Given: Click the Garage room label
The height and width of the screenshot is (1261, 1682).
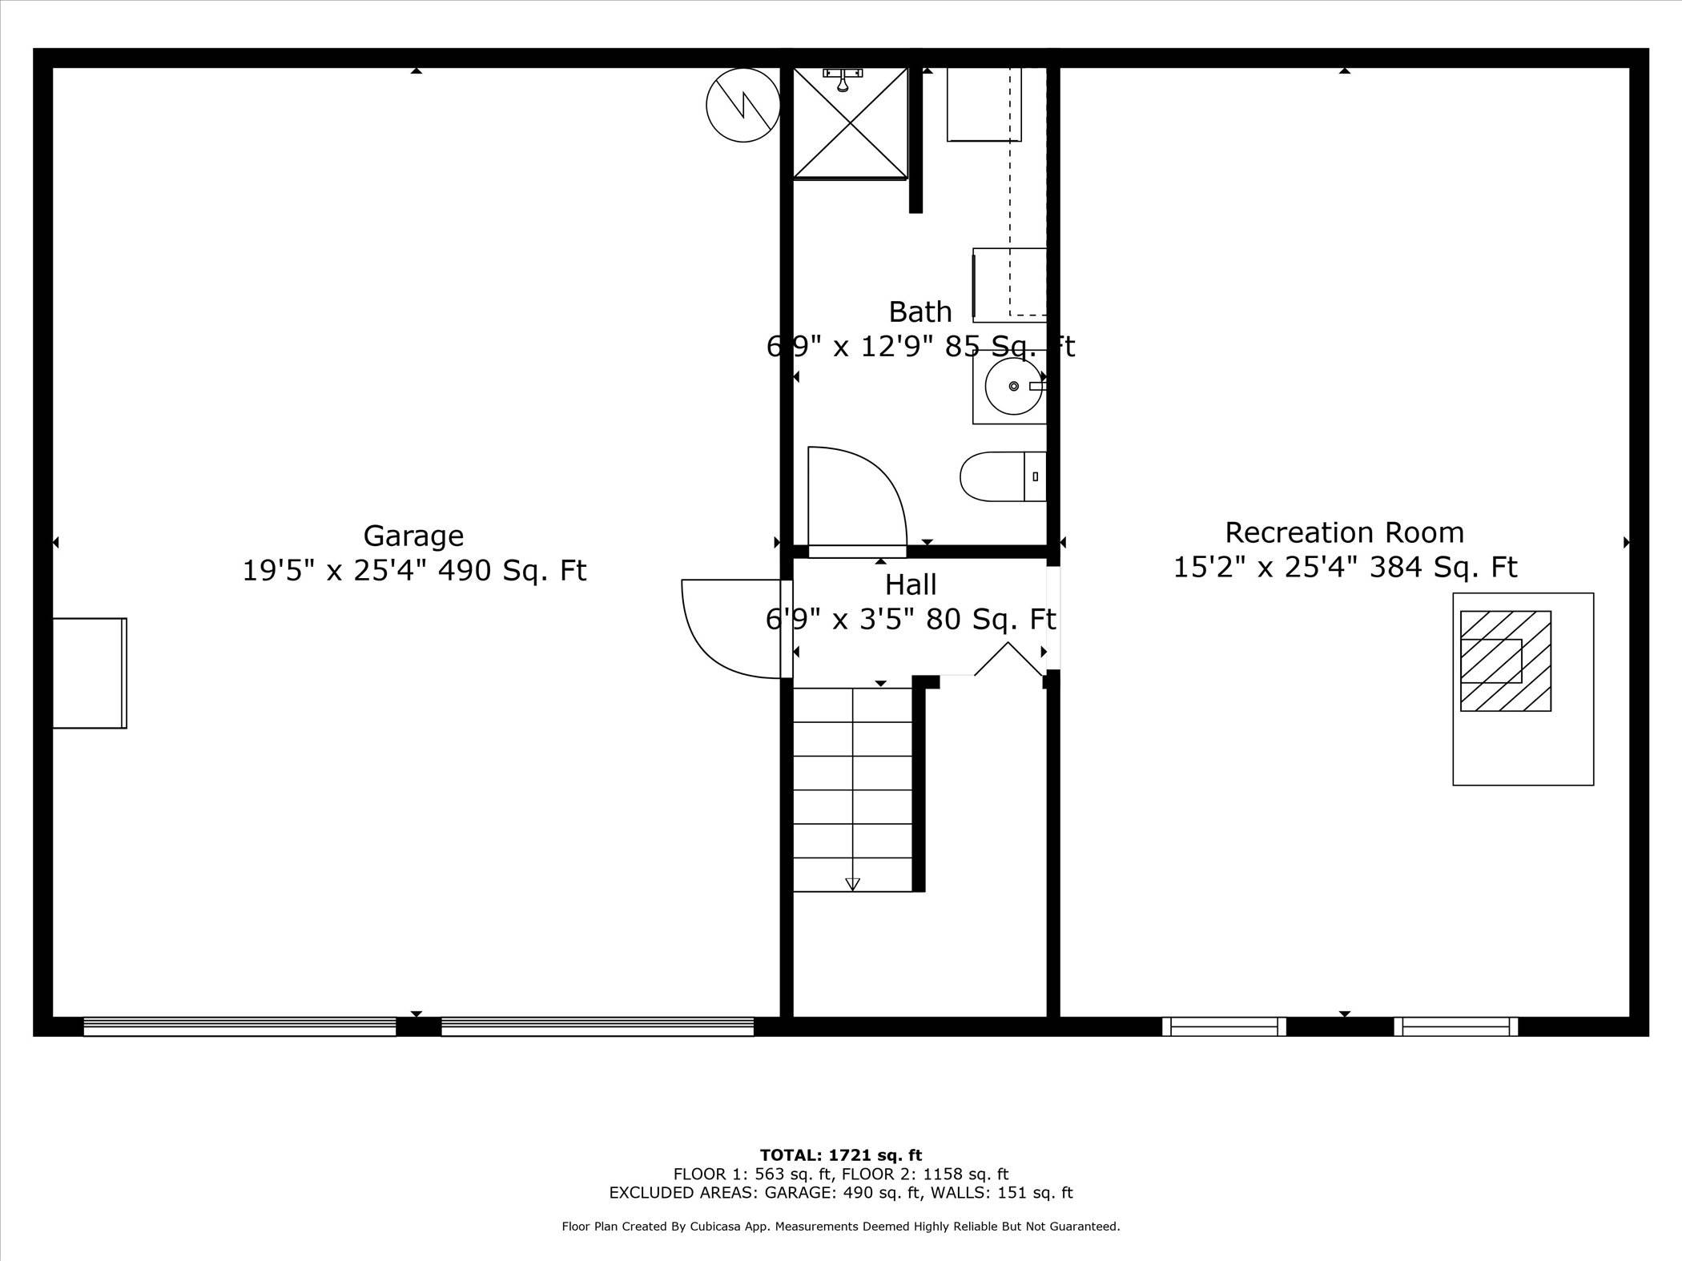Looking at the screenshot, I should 413,536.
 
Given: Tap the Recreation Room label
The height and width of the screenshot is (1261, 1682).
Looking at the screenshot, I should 1344,532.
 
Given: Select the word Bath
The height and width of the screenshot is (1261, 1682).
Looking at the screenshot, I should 920,311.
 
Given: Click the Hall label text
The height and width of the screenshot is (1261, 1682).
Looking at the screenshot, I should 911,585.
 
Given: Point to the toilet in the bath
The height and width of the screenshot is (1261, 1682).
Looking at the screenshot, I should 1002,476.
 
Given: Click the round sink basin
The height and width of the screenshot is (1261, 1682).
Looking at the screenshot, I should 1013,386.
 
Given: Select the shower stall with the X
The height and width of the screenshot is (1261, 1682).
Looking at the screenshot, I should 850,122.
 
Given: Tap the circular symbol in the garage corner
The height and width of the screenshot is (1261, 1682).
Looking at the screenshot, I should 743,105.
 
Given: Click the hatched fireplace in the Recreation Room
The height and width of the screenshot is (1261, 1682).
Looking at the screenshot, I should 1505,661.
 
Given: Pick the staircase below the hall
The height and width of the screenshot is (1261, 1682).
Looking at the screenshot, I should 853,789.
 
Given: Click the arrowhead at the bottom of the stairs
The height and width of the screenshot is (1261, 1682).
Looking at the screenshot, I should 853,884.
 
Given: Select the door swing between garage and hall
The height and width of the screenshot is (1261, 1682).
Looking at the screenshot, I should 725,628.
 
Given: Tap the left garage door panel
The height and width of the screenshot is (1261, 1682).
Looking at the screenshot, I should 239,1026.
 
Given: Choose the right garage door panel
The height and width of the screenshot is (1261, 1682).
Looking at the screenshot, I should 598,1026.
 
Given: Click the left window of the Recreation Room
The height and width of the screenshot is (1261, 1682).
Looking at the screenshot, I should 1224,1026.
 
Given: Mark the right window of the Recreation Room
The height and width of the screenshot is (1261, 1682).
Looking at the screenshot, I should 1455,1026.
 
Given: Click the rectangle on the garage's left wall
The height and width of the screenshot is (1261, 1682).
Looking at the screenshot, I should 90,673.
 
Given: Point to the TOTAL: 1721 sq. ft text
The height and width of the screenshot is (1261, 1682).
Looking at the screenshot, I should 840,1155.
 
